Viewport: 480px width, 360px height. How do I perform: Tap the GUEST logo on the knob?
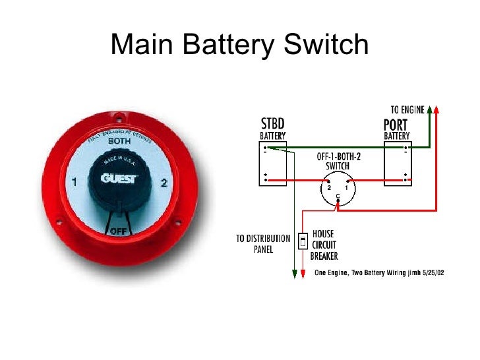point(119,178)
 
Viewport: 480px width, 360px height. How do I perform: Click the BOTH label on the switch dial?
point(119,141)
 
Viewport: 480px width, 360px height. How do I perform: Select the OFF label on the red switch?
point(119,231)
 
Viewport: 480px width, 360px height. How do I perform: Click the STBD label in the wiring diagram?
point(273,124)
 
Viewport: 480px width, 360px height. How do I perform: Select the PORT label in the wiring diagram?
point(396,124)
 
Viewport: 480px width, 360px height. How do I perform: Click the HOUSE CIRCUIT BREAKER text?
point(324,245)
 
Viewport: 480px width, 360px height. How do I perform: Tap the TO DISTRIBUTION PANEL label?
point(263,244)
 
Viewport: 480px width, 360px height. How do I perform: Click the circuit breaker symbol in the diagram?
point(303,241)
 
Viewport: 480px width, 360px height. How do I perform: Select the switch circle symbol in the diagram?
point(337,186)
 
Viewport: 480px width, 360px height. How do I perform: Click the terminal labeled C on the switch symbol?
point(337,197)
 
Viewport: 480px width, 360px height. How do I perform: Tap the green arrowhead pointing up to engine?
point(430,110)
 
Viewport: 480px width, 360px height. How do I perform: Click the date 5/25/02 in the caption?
point(433,272)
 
